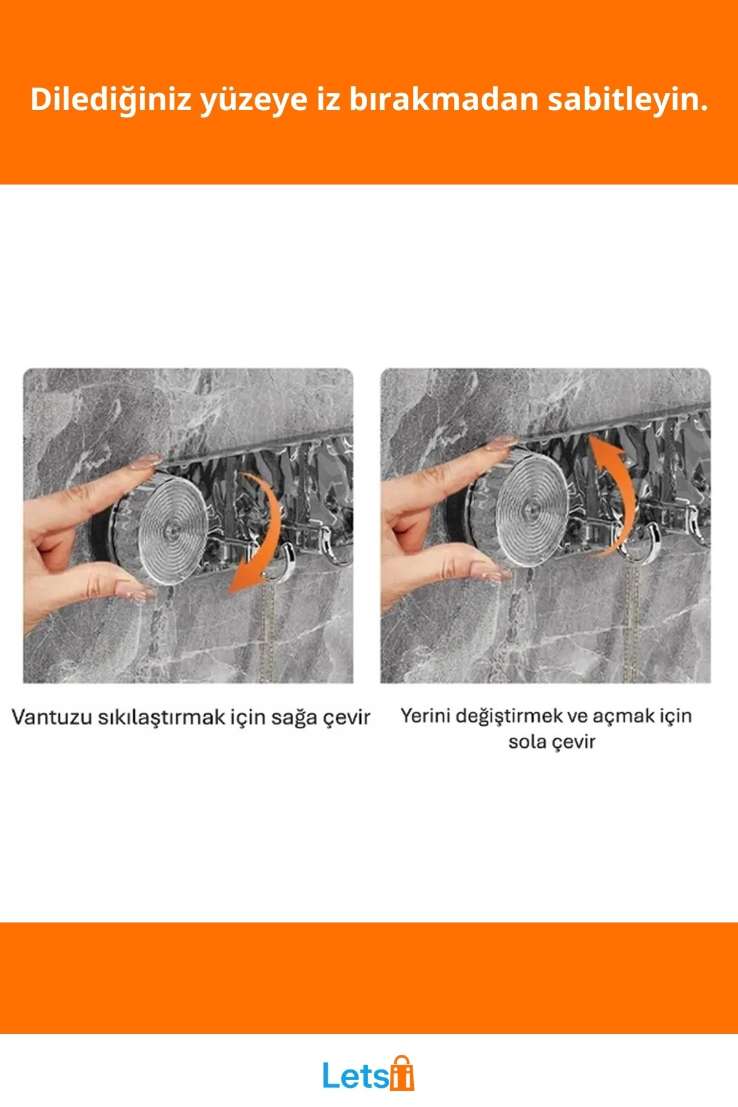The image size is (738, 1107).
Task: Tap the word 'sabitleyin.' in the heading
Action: [x=627, y=99]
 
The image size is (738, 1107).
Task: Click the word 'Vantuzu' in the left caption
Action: [x=51, y=717]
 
